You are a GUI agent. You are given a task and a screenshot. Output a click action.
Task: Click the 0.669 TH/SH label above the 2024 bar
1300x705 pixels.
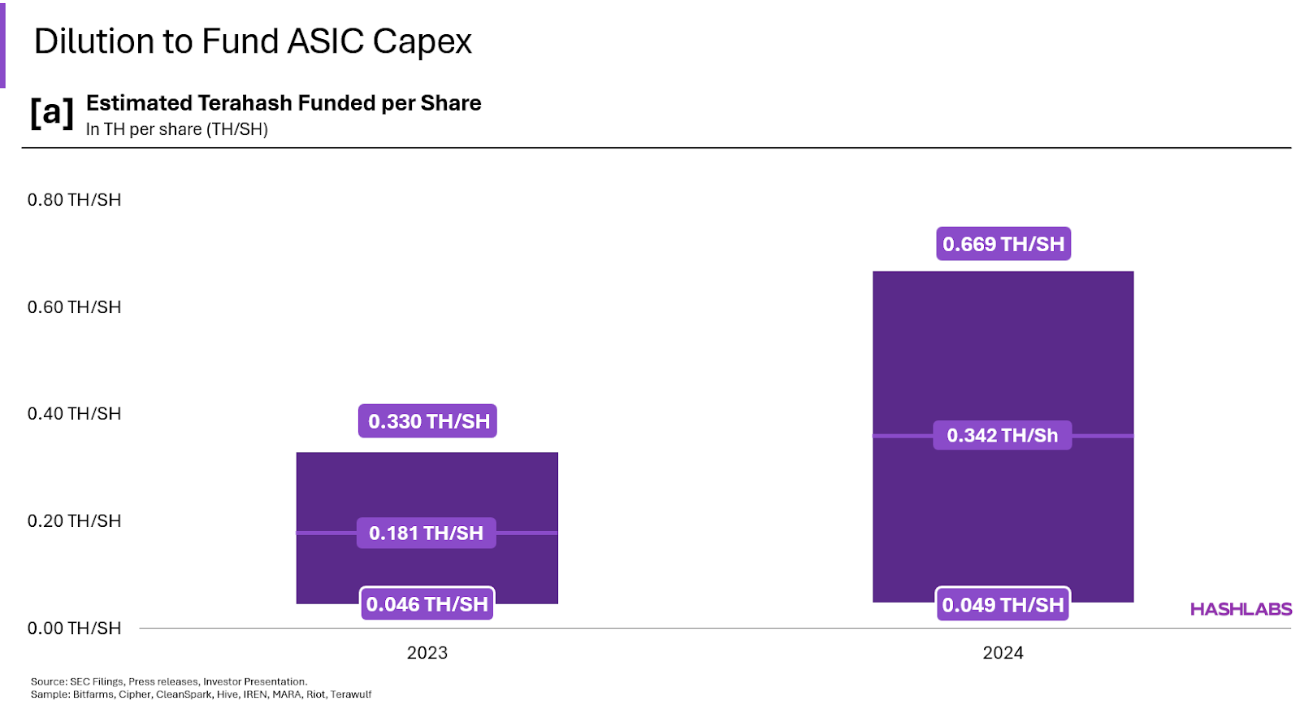pyautogui.click(x=1003, y=244)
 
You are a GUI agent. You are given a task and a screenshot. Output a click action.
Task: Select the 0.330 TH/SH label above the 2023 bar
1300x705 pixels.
pyautogui.click(x=427, y=421)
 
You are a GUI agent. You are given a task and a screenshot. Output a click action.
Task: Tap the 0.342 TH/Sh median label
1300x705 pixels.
pyautogui.click(x=1002, y=436)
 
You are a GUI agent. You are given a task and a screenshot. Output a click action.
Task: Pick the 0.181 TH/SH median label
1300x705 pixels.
pyautogui.click(x=426, y=533)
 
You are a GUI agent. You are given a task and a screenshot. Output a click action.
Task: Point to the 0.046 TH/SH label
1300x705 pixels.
pyautogui.click(x=427, y=604)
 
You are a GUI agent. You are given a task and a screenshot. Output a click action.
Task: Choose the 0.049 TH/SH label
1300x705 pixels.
pyautogui.click(x=1002, y=605)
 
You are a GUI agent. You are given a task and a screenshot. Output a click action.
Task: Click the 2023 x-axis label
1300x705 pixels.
pyautogui.click(x=427, y=653)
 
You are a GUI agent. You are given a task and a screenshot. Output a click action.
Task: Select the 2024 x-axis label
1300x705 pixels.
pyautogui.click(x=1003, y=653)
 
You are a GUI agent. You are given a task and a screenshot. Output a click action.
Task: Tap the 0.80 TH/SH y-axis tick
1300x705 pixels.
pyautogui.click(x=74, y=200)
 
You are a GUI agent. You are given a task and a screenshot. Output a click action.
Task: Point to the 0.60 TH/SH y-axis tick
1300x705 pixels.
pyautogui.click(x=74, y=307)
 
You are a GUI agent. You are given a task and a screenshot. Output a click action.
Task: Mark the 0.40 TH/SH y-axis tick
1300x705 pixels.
pyautogui.click(x=74, y=414)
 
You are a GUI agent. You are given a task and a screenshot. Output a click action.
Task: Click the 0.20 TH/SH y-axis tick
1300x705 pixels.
pyautogui.click(x=74, y=521)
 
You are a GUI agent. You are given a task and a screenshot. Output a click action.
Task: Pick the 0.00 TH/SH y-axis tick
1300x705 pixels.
pyautogui.click(x=74, y=629)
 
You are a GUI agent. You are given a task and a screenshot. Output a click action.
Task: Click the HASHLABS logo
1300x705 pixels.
pyautogui.click(x=1241, y=609)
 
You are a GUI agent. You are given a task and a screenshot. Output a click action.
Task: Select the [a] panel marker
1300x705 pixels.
pyautogui.click(x=51, y=113)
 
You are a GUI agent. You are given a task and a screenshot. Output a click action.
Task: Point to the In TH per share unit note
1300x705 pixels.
pyautogui.click(x=176, y=129)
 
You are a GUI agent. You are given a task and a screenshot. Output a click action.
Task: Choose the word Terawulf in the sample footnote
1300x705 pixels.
pyautogui.click(x=351, y=694)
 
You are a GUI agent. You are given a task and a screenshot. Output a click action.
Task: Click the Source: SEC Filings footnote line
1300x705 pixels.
pyautogui.click(x=168, y=681)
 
